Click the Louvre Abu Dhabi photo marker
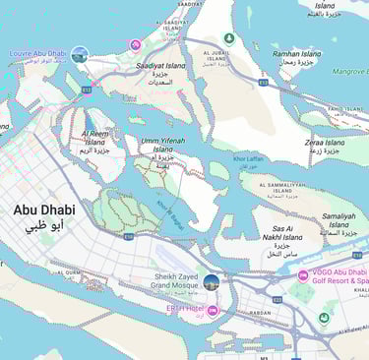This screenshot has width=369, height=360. [80, 54]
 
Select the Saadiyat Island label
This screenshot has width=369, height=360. [161, 70]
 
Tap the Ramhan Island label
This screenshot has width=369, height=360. [297, 58]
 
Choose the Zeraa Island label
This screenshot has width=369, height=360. [324, 148]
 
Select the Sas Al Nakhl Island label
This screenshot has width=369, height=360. [287, 237]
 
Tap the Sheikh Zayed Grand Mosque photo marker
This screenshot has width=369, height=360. [211, 283]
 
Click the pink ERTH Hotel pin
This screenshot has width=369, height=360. [213, 310]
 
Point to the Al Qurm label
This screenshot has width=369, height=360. [70, 274]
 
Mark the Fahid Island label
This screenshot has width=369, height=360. [345, 109]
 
